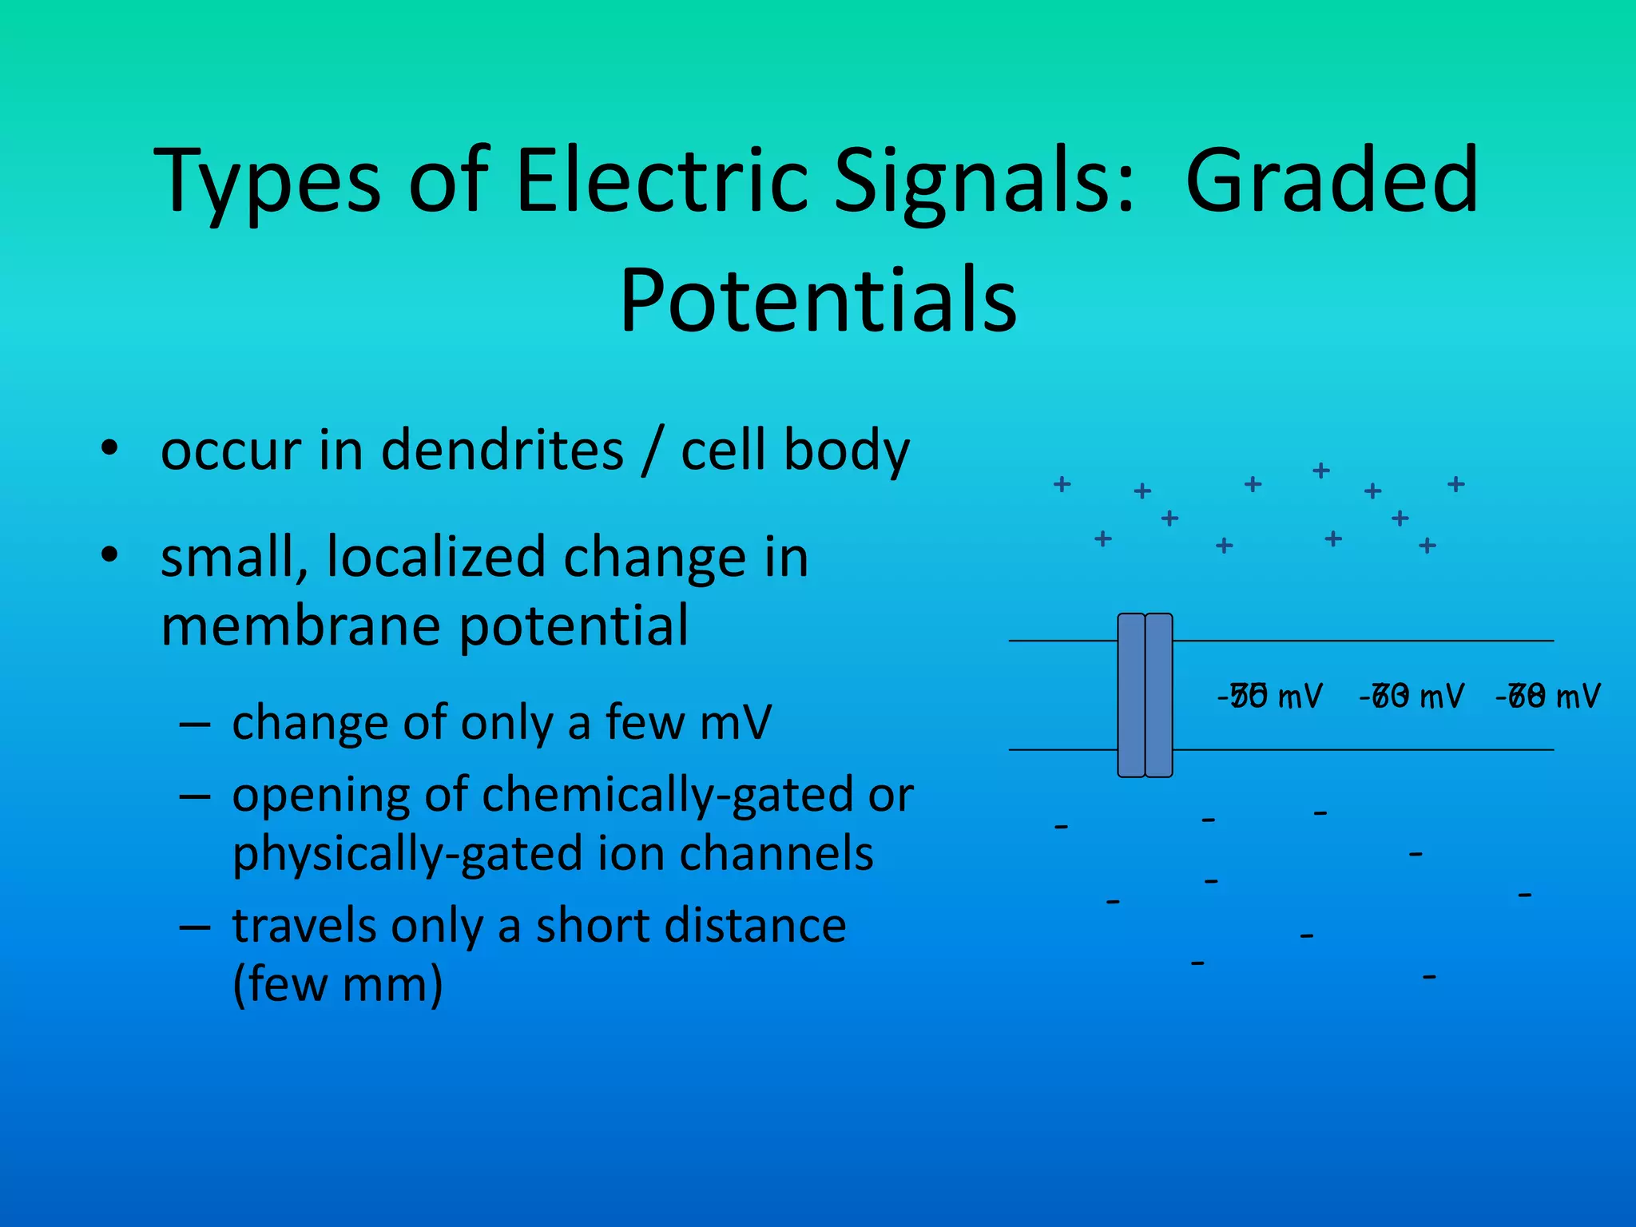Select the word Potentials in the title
pyautogui.click(x=818, y=299)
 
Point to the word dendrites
pyautogui.click(x=502, y=450)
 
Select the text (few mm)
pyautogui.click(x=337, y=985)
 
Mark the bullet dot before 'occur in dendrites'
pyautogui.click(x=109, y=448)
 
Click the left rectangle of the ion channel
pyautogui.click(x=1131, y=695)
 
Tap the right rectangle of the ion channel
pyautogui.click(x=1159, y=695)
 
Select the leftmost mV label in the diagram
pyautogui.click(x=1270, y=697)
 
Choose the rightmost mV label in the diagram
pyautogui.click(x=1548, y=697)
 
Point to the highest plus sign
pyautogui.click(x=1321, y=471)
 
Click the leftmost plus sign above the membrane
pyautogui.click(x=1062, y=484)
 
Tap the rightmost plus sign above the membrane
pyautogui.click(x=1456, y=484)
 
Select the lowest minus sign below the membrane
pyautogui.click(x=1430, y=976)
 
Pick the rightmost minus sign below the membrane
pyautogui.click(x=1525, y=895)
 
